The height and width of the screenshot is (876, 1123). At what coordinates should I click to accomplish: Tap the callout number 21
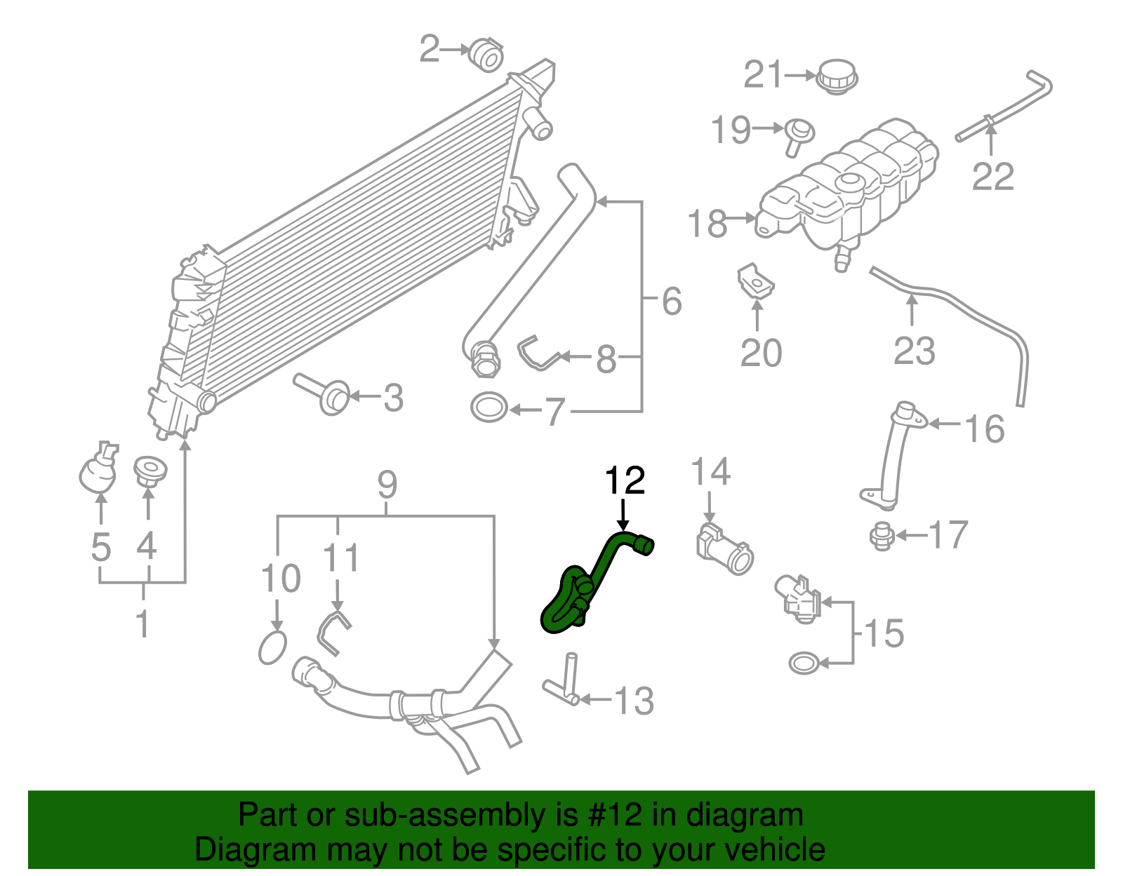pos(763,74)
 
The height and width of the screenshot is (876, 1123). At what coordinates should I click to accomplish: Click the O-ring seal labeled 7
pos(489,407)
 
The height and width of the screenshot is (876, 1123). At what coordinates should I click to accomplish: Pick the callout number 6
pos(672,302)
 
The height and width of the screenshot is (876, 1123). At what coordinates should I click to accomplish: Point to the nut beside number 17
pos(882,537)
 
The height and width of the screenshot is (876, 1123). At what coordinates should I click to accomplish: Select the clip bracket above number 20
pos(755,281)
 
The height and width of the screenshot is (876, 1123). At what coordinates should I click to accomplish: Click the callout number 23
pos(914,351)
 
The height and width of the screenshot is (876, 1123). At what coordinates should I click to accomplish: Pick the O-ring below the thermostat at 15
pos(803,662)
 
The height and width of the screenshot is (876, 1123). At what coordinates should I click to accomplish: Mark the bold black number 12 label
pos(625,481)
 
